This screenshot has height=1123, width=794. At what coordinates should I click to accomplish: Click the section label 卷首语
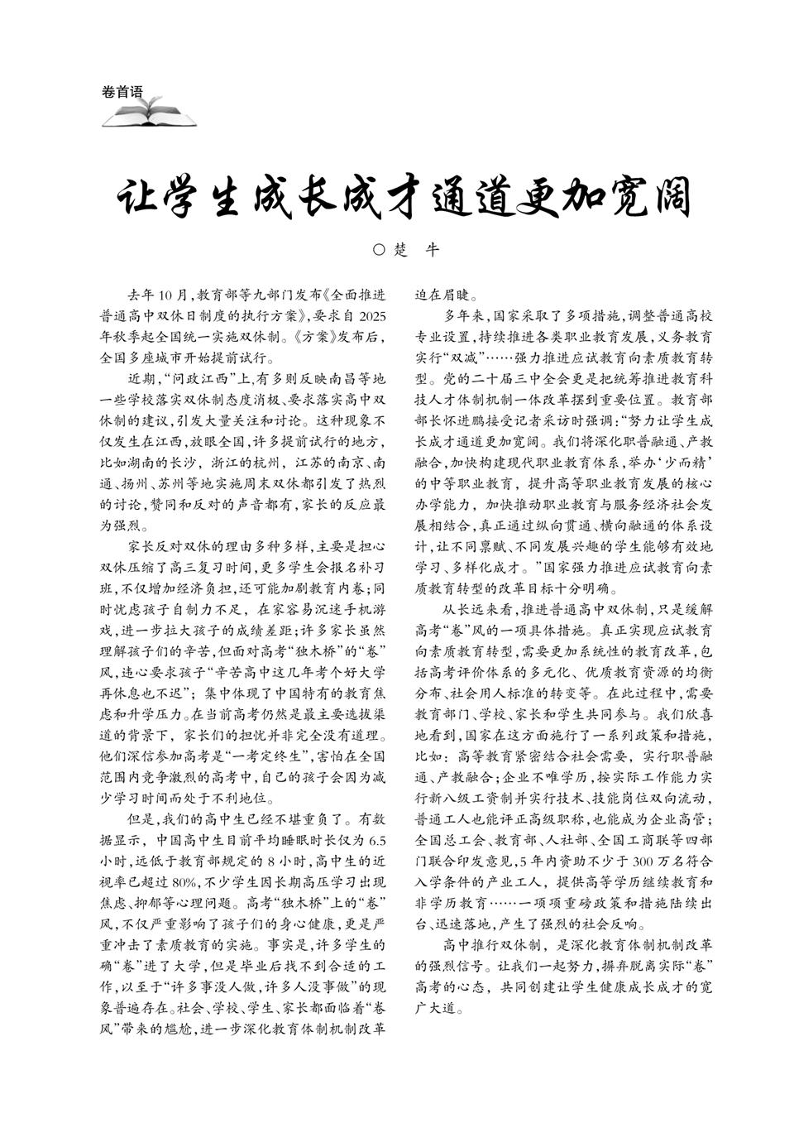click(122, 92)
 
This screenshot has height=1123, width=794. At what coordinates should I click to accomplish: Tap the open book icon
click(149, 113)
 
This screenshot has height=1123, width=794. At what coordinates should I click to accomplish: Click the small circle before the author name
click(380, 249)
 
